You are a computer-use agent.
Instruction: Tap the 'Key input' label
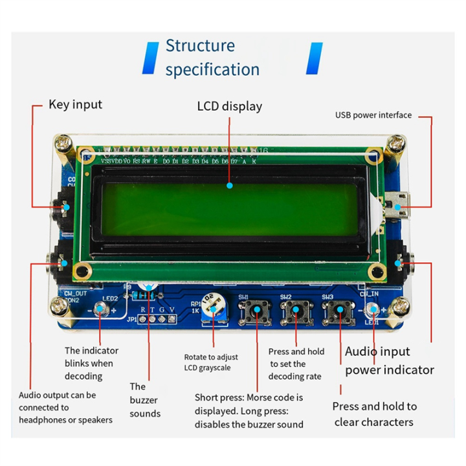coord(75,104)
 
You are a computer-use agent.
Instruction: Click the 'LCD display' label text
coord(229,105)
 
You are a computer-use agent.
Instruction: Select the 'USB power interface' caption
coord(373,115)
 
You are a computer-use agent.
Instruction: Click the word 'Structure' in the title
coord(200,46)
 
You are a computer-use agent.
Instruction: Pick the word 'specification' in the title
coord(212,69)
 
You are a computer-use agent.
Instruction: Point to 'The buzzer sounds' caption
coord(144,399)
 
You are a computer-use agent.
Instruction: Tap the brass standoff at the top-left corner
coord(63,144)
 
